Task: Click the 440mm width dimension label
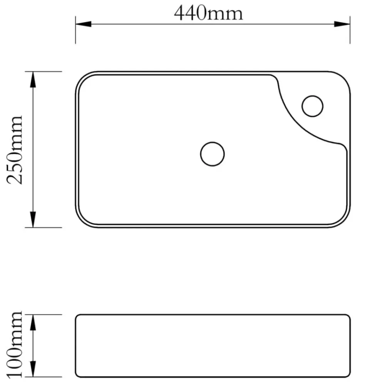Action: [208, 13]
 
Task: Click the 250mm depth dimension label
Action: [15, 150]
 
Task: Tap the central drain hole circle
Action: [213, 142]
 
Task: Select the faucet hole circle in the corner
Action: [312, 96]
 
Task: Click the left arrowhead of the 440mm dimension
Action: [84, 24]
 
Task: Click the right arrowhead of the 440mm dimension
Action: [342, 24]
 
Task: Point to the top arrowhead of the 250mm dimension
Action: [33, 80]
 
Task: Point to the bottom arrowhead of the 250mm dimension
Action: [33, 219]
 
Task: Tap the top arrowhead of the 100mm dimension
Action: [33, 323]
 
